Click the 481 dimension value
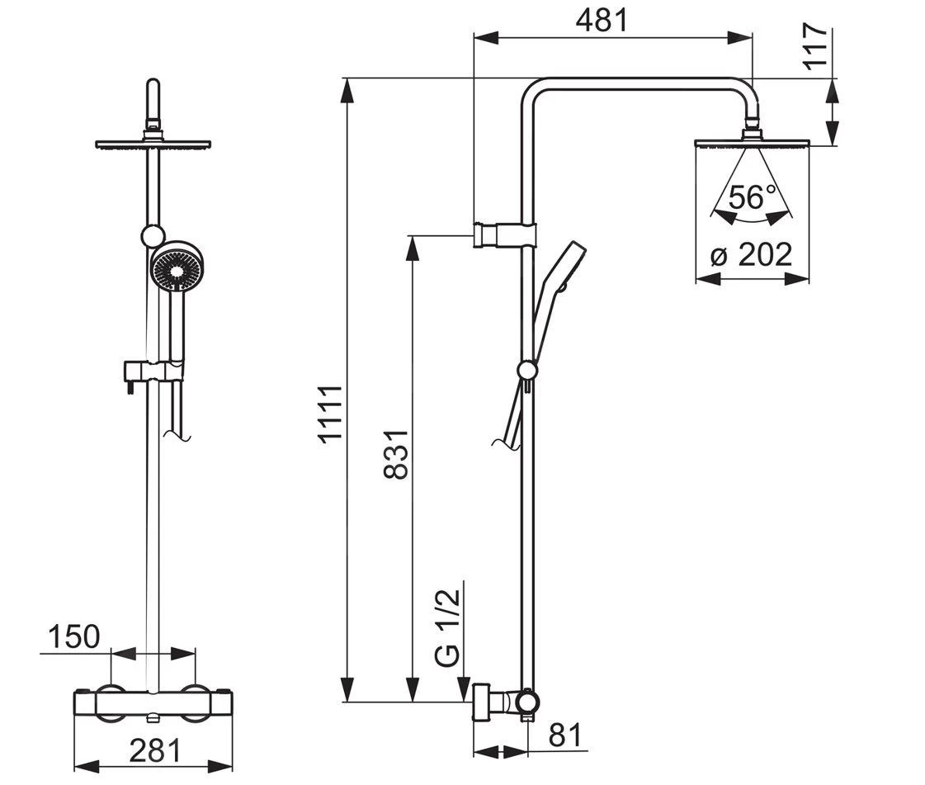(x=601, y=20)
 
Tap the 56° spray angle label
(x=752, y=197)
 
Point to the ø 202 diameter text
(x=752, y=254)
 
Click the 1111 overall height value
(x=332, y=415)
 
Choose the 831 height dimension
(x=396, y=454)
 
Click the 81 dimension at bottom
(x=564, y=734)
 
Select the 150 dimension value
(x=73, y=637)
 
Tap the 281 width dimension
(x=154, y=750)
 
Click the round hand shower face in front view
(x=176, y=267)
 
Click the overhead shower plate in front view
(x=153, y=144)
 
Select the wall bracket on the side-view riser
(x=504, y=235)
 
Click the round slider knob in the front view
(x=152, y=237)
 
